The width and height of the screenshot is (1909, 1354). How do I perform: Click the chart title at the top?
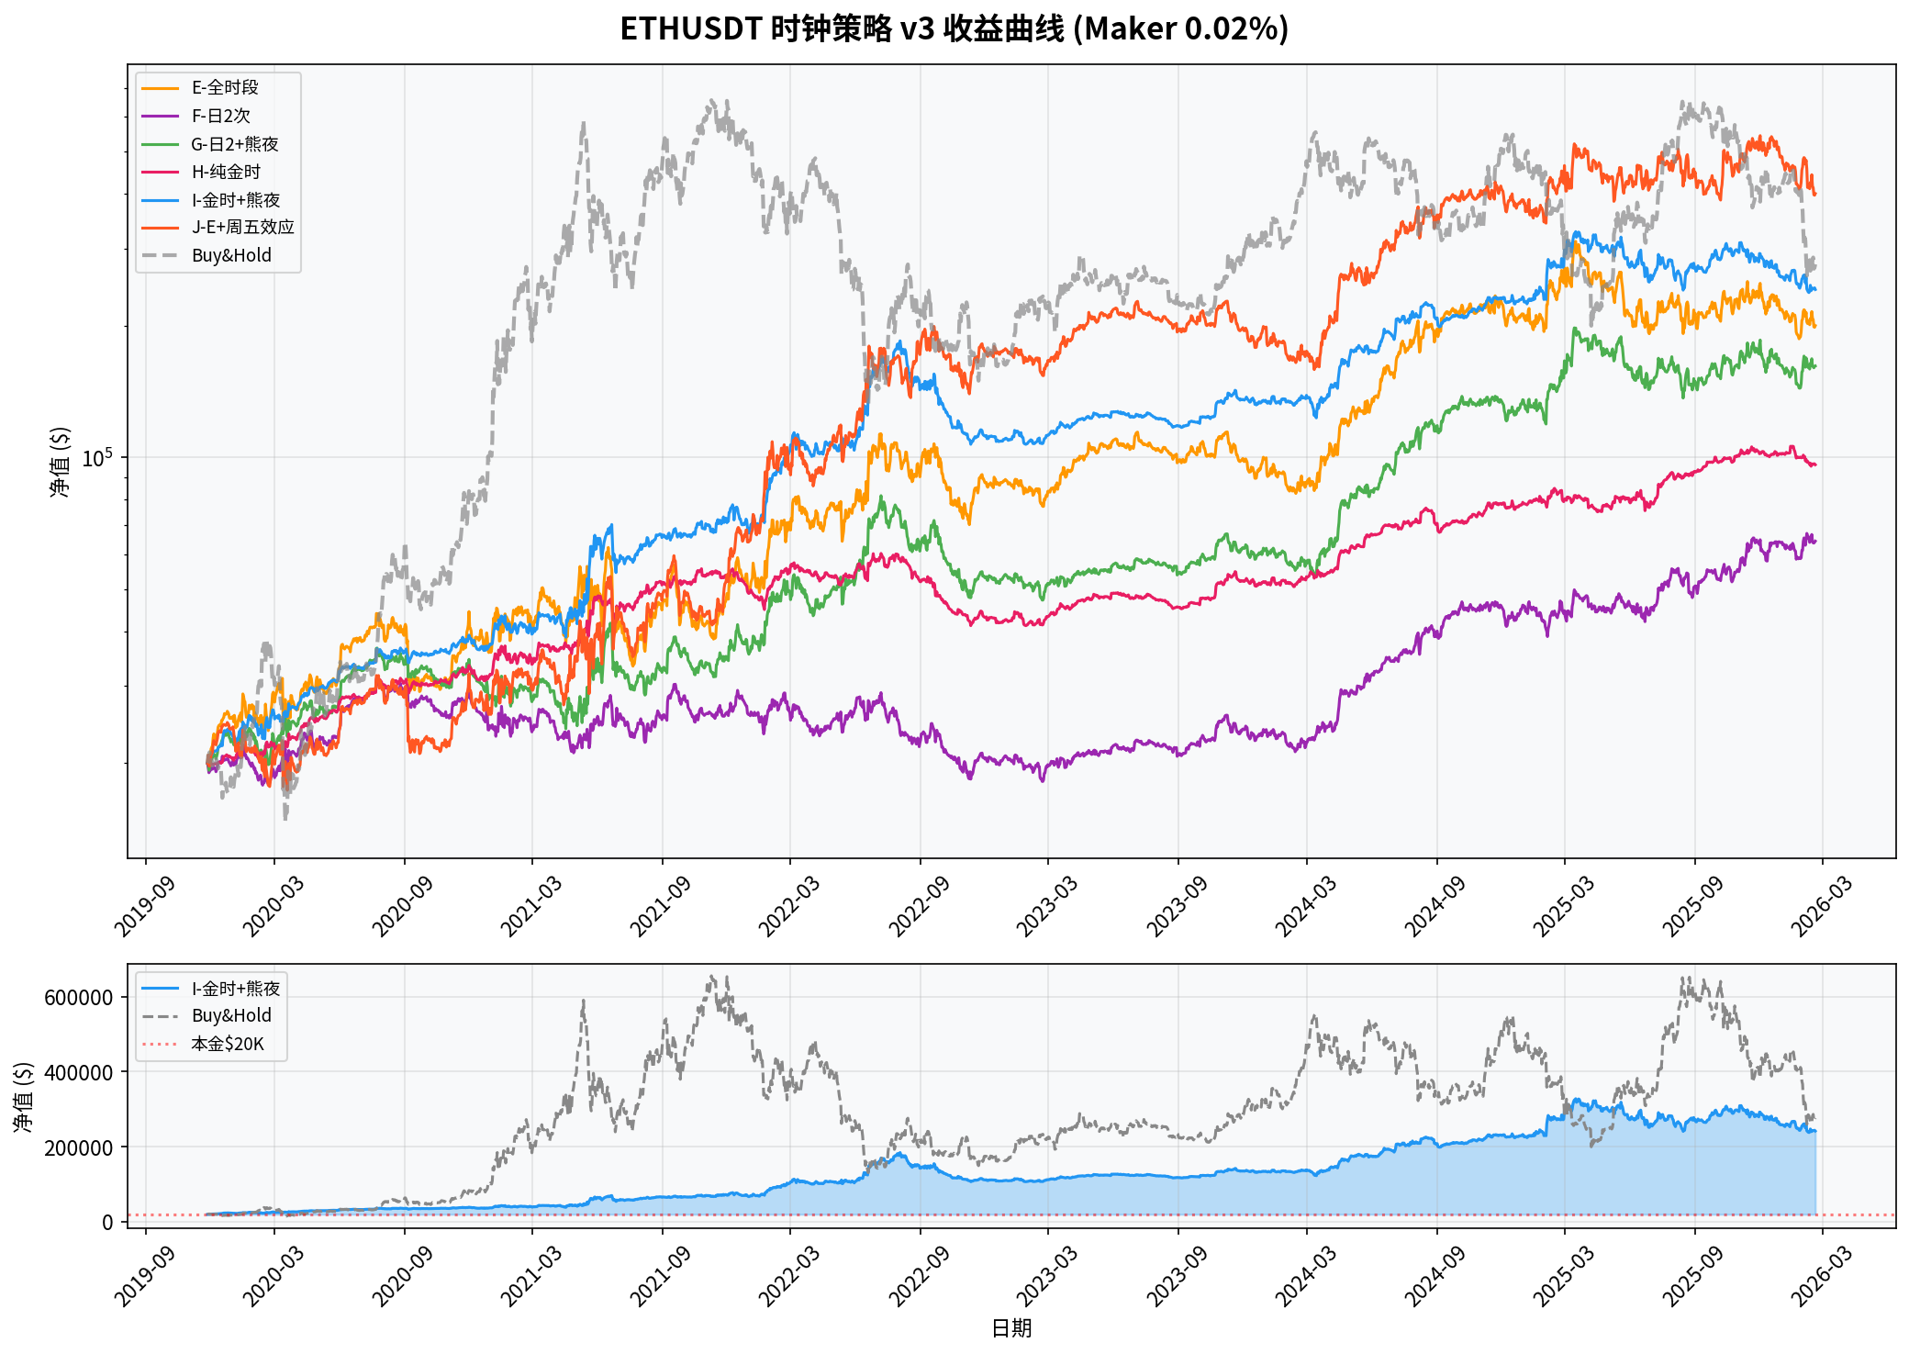pyautogui.click(x=954, y=29)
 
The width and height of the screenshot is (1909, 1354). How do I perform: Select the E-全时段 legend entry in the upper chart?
pyautogui.click(x=225, y=87)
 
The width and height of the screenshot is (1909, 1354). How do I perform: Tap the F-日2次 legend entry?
pyautogui.click(x=220, y=116)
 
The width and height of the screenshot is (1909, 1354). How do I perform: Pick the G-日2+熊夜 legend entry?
pyautogui.click(x=234, y=144)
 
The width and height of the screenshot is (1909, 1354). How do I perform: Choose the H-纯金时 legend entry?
pyautogui.click(x=226, y=172)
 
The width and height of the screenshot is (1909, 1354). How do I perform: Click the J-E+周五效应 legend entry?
pyautogui.click(x=242, y=227)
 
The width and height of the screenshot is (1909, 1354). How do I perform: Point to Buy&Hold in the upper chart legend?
pyautogui.click(x=231, y=255)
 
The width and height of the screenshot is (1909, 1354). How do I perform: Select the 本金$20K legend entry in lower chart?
pyautogui.click(x=228, y=1044)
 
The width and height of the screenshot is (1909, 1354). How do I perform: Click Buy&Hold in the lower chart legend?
pyautogui.click(x=231, y=1015)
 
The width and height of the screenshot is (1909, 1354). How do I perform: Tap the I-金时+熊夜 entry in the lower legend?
pyautogui.click(x=236, y=989)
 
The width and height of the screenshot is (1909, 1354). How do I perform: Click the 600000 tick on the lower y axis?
pyautogui.click(x=79, y=998)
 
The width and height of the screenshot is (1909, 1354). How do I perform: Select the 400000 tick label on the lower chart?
pyautogui.click(x=79, y=1072)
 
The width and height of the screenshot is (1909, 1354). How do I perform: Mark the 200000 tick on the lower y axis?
pyautogui.click(x=79, y=1147)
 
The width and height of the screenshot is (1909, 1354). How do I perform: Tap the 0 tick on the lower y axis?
pyautogui.click(x=108, y=1223)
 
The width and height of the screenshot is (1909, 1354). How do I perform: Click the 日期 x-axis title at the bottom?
pyautogui.click(x=1011, y=1328)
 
